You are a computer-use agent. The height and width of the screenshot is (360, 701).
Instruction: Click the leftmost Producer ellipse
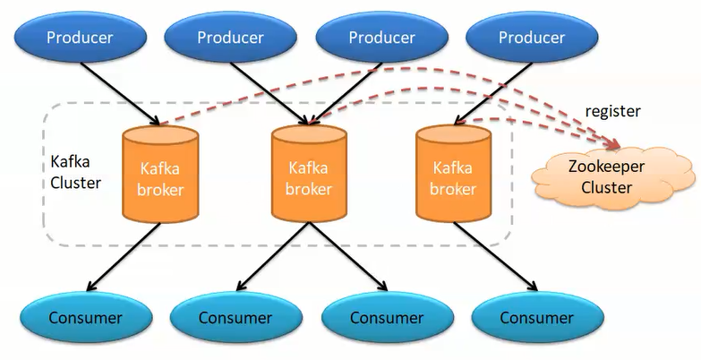(x=80, y=37)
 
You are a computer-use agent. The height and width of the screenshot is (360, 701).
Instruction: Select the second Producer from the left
(x=230, y=37)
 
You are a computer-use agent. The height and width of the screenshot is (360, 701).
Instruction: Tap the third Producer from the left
(x=381, y=37)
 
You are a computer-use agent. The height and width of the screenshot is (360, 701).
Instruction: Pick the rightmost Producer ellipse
(x=532, y=37)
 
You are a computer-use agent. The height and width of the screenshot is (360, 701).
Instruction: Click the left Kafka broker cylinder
(x=160, y=176)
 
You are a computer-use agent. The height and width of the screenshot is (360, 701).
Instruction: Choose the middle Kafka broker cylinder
(x=310, y=176)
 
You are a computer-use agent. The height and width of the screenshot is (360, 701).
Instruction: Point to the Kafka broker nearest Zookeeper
(x=452, y=176)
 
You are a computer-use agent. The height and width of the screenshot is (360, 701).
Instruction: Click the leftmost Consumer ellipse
(x=85, y=318)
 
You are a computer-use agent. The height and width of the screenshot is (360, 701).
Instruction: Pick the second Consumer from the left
(x=235, y=318)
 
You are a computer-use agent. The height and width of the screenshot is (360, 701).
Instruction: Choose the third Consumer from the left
(x=386, y=318)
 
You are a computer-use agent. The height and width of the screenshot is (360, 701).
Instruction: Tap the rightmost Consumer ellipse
(x=536, y=318)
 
